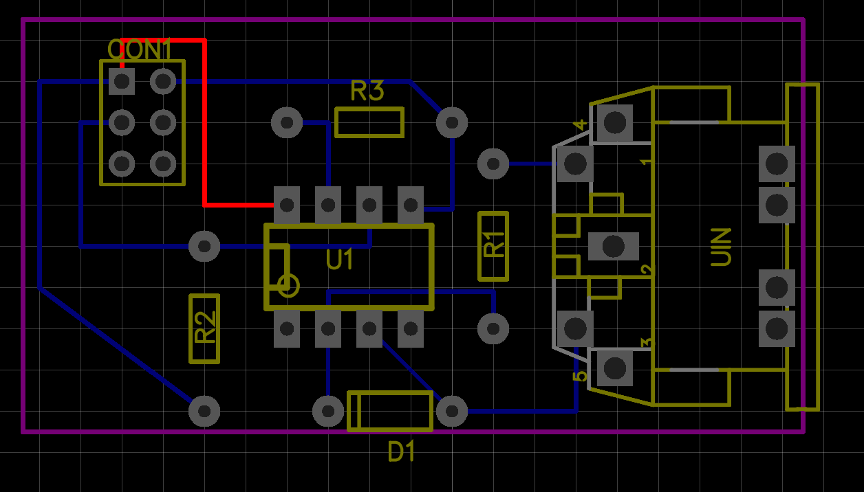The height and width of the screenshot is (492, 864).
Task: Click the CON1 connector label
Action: (140, 49)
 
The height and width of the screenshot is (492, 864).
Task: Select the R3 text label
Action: (367, 91)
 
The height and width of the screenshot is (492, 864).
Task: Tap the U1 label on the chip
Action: (340, 260)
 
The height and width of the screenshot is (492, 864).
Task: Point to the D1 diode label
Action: (402, 452)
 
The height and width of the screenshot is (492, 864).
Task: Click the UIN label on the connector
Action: (721, 247)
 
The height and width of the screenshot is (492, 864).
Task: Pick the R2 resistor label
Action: (205, 328)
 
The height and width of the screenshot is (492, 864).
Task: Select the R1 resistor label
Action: (493, 245)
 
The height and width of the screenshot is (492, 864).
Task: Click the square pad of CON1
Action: (122, 82)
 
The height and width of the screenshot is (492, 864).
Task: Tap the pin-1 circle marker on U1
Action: (288, 285)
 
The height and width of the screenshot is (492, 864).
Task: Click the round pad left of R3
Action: (287, 123)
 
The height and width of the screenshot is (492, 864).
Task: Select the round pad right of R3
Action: (452, 123)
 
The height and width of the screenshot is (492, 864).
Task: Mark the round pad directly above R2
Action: (204, 246)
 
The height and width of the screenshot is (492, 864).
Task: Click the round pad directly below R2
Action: (204, 411)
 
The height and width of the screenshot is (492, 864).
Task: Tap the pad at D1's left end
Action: (328, 411)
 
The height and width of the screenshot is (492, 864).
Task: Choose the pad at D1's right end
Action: (452, 411)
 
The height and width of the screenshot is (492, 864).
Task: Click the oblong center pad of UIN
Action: (613, 246)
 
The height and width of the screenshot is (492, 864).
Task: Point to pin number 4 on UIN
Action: (580, 124)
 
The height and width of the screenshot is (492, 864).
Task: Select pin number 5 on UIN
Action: (580, 375)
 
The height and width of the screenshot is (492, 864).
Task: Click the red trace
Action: (204, 124)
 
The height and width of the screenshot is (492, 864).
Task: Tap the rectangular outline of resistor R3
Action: (369, 109)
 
